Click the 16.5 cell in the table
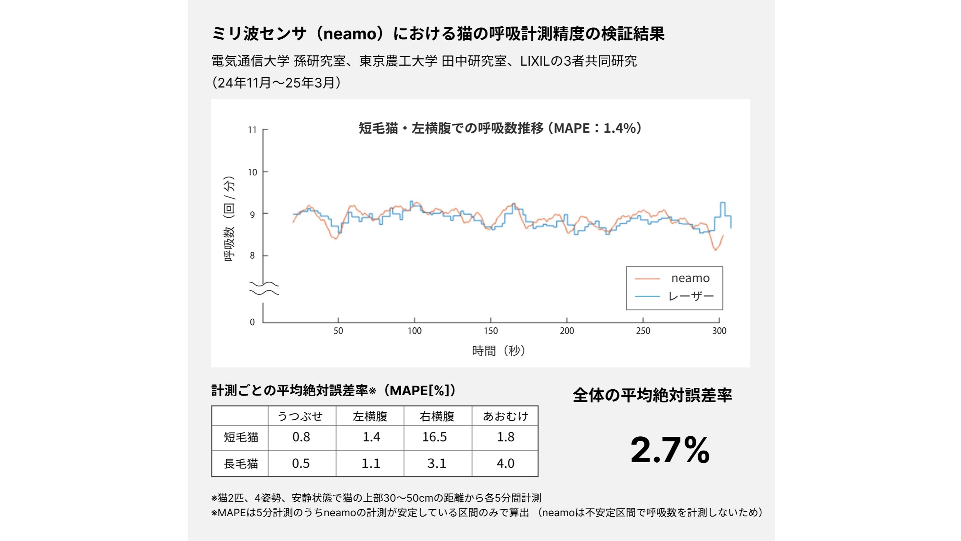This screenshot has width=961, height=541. pyautogui.click(x=434, y=437)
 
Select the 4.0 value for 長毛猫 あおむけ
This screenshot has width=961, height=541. pyautogui.click(x=505, y=463)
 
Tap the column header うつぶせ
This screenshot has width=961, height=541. pyautogui.click(x=300, y=416)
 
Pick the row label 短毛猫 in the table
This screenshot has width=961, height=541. pyautogui.click(x=241, y=437)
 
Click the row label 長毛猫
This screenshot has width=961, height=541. pyautogui.click(x=241, y=464)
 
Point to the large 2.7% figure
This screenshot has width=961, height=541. pyautogui.click(x=670, y=450)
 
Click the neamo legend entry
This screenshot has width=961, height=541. pyautogui.click(x=690, y=278)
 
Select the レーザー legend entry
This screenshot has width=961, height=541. pyautogui.click(x=691, y=296)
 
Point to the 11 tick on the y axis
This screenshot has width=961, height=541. pyautogui.click(x=252, y=130)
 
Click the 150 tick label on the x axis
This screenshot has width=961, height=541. pyautogui.click(x=491, y=331)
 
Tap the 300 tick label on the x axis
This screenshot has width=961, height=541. pyautogui.click(x=719, y=331)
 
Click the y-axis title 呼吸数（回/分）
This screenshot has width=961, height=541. pyautogui.click(x=229, y=219)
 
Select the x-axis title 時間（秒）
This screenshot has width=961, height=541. pyautogui.click(x=499, y=351)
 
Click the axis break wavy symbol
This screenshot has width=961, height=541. pyautogui.click(x=264, y=288)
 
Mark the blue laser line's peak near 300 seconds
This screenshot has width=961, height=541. pyautogui.click(x=723, y=203)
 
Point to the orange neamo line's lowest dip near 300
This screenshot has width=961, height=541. pyautogui.click(x=715, y=250)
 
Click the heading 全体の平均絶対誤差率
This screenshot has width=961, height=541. pyautogui.click(x=652, y=396)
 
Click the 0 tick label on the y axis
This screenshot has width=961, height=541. pyautogui.click(x=252, y=322)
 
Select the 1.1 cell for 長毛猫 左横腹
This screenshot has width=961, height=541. pyautogui.click(x=371, y=463)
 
